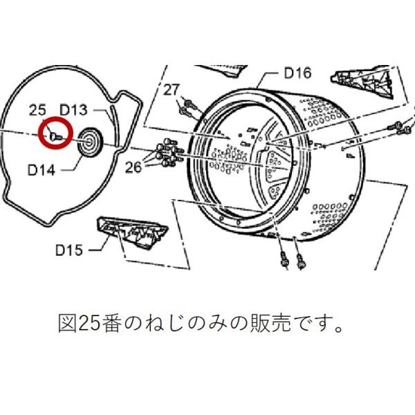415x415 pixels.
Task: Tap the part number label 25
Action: pos(38,110)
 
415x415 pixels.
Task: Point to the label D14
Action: pos(42,167)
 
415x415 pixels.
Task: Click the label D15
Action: pos(69,250)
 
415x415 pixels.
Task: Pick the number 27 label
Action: pos(172,89)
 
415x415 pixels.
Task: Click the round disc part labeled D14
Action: pos(90,142)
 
